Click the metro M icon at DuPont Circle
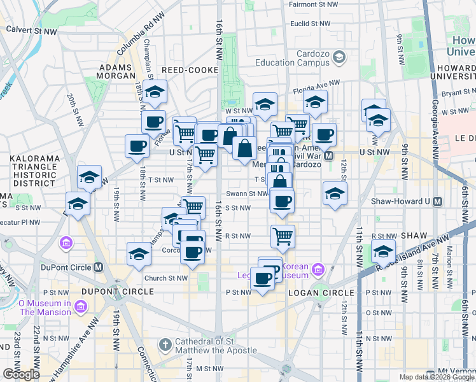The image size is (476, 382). (99, 267)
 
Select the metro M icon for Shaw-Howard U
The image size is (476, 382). (437, 201)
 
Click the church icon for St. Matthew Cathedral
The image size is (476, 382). (165, 344)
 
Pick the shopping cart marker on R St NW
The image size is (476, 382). (283, 236)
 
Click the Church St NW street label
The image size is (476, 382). (165, 278)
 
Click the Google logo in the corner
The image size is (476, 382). (21, 374)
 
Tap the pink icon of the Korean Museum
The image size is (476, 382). (318, 271)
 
